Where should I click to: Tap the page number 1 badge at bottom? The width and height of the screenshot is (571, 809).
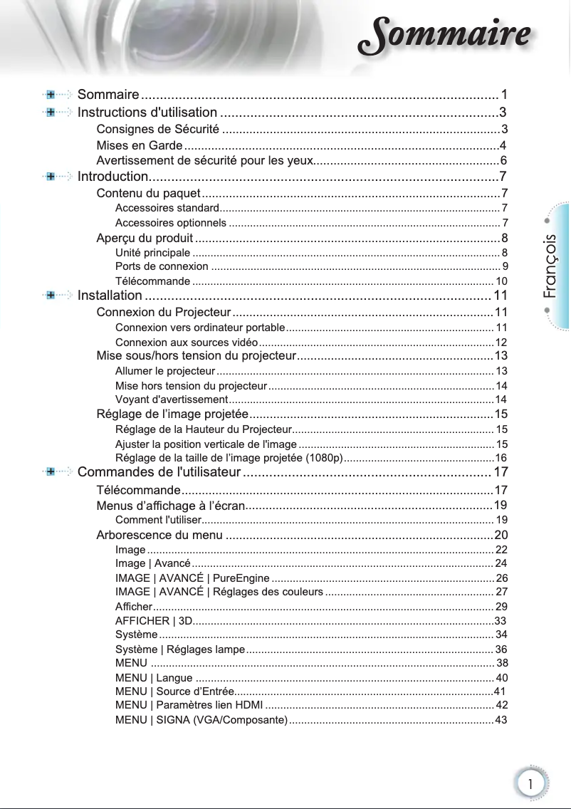[x=530, y=783]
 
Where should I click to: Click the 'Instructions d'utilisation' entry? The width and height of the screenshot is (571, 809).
[x=147, y=112]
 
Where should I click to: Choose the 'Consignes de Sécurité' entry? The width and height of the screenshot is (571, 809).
[x=157, y=129]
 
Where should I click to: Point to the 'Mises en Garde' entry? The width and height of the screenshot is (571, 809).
[x=140, y=145]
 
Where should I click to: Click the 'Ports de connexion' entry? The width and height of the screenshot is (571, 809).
[x=162, y=266]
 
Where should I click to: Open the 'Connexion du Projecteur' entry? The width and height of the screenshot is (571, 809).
[x=163, y=312]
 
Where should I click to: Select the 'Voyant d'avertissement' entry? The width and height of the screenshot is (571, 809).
[x=171, y=399]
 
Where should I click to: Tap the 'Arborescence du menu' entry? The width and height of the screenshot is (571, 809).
[x=159, y=535]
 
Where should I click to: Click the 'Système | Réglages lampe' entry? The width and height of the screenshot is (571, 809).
[x=179, y=649]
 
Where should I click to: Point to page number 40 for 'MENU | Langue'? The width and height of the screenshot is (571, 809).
[x=501, y=677]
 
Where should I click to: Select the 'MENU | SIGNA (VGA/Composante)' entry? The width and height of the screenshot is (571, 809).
[x=201, y=720]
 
